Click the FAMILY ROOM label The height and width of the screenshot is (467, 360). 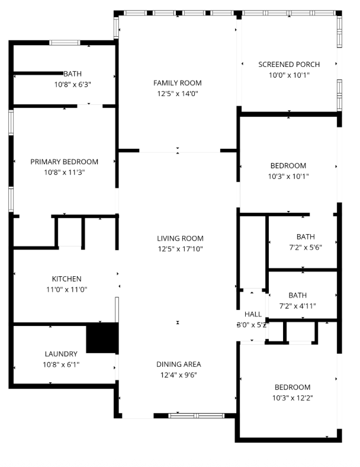point(177,83)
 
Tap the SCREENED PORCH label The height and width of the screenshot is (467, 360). point(289,65)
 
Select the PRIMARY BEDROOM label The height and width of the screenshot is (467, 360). point(65,162)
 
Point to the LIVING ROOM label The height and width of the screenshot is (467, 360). point(181,238)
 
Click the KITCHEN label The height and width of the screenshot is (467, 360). point(67,279)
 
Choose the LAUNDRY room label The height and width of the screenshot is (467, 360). point(61,354)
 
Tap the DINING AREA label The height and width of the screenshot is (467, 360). point(178,364)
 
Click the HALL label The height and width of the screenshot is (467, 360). point(253,314)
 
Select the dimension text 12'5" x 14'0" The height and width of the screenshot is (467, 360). point(178,94)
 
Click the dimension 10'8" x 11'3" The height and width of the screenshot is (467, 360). point(65,172)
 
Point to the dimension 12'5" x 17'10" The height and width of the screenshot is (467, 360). point(181,249)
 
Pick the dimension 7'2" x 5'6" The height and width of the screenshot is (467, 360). point(306,248)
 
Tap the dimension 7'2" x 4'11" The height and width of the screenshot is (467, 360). point(297,306)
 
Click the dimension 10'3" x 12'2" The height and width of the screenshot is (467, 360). point(292,398)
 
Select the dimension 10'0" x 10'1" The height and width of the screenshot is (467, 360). point(289,75)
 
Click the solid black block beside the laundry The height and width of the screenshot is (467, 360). point(102,338)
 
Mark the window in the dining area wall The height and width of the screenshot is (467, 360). point(197,416)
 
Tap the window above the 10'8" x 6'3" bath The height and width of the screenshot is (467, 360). point(65,43)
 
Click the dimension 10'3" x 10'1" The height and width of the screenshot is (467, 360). point(288,177)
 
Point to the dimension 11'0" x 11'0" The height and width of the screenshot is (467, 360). point(67,289)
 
